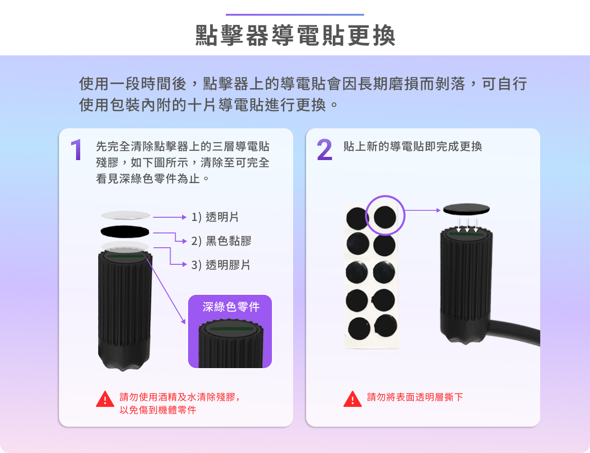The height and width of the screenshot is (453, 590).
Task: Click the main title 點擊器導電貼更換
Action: click(295, 36)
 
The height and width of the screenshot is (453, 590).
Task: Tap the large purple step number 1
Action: click(76, 149)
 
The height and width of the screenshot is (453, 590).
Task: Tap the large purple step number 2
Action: click(324, 149)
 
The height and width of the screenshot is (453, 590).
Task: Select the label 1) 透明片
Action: click(215, 217)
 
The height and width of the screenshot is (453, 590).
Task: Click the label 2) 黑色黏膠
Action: click(221, 241)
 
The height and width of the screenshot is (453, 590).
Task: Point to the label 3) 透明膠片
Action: click(221, 265)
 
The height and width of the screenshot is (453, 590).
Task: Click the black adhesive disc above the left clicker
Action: click(125, 232)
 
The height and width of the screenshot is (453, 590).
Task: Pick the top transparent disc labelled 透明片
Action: click(126, 215)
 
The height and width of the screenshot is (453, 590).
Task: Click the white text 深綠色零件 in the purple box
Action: click(231, 307)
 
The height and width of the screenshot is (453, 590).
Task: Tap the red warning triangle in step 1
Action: click(105, 399)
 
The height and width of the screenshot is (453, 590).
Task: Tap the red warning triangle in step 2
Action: click(353, 399)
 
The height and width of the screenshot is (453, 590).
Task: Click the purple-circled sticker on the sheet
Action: click(385, 217)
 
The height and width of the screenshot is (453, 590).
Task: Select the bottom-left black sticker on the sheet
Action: click(359, 328)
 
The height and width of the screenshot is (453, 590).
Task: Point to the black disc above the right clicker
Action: click(466, 209)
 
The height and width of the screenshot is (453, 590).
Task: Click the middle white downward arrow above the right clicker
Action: click(467, 225)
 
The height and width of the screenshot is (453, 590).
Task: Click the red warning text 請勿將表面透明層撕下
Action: click(415, 397)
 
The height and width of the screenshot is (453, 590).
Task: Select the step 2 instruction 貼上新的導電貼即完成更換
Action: click(413, 146)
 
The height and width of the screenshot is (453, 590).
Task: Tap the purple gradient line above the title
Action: click(295, 15)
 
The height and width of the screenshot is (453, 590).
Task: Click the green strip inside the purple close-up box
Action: click(231, 329)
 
